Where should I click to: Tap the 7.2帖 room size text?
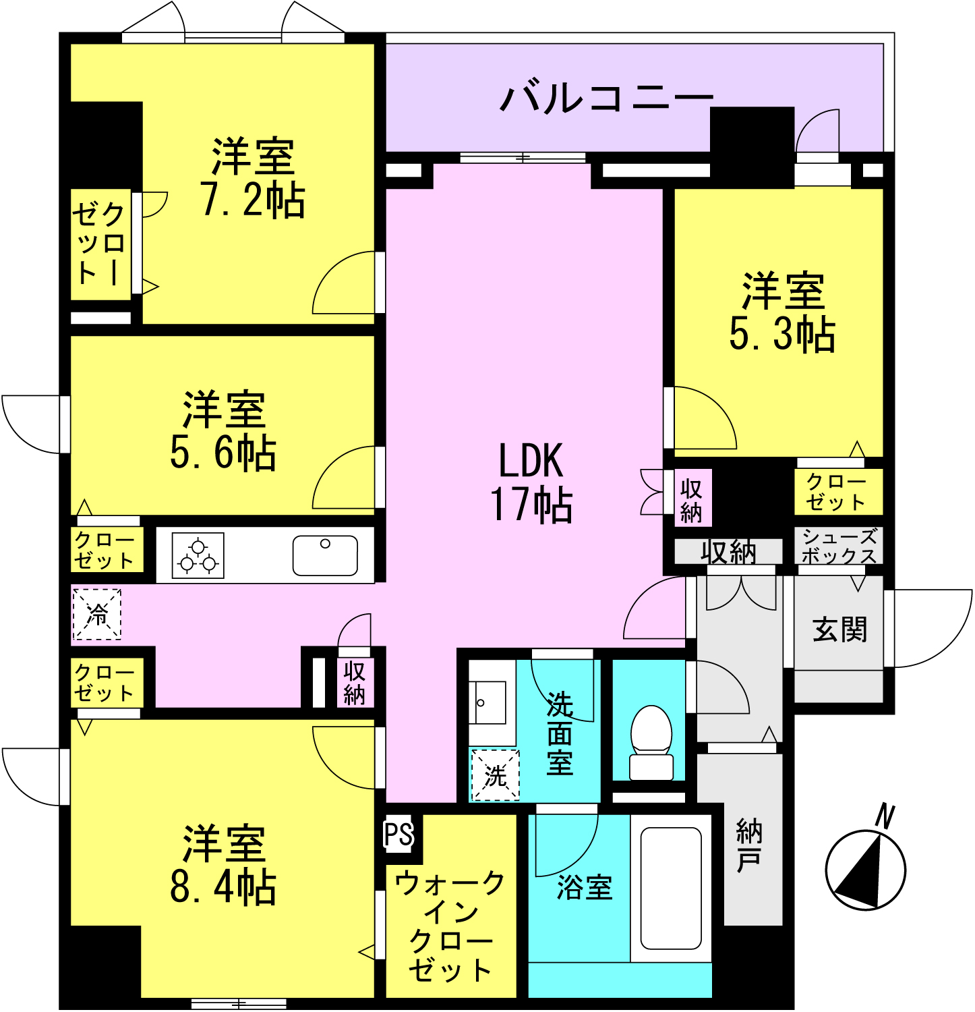click(x=253, y=200)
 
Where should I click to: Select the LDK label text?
click(x=531, y=461)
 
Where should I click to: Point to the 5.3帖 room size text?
click(x=783, y=333)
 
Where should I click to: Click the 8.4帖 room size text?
click(x=223, y=887)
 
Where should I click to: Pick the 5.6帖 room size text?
click(x=223, y=452)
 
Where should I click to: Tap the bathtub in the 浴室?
click(x=671, y=888)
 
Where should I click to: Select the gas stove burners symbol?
click(x=198, y=555)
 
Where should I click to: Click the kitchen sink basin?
click(x=325, y=555)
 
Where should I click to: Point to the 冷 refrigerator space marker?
click(x=97, y=614)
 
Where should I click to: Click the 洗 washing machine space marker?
click(x=496, y=775)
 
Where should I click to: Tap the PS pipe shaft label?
click(x=398, y=834)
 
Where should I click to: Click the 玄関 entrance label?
click(x=839, y=630)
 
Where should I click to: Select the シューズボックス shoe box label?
click(x=839, y=546)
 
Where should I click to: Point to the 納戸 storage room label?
click(x=749, y=846)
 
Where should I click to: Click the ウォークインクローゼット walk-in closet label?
click(x=450, y=926)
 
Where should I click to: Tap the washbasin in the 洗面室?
click(x=488, y=702)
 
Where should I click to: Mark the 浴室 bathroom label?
click(x=585, y=887)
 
